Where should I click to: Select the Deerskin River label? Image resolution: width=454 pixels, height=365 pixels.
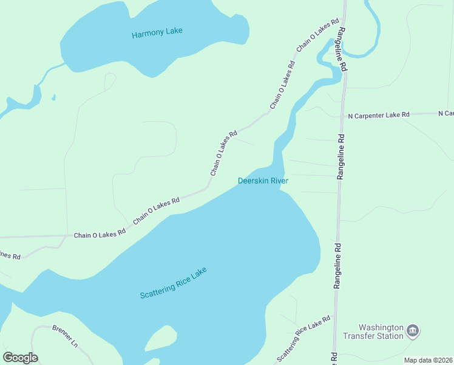pyautogui.click(x=262, y=181)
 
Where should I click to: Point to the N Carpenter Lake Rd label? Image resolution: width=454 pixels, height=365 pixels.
pyautogui.click(x=379, y=114)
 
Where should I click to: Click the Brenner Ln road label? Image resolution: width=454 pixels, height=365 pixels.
pyautogui.click(x=65, y=336)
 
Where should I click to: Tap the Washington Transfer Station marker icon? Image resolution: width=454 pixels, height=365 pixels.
pyautogui.click(x=413, y=331)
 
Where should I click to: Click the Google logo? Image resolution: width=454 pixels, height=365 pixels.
pyautogui.click(x=20, y=358)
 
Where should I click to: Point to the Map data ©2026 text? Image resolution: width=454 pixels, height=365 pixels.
pyautogui.click(x=428, y=360)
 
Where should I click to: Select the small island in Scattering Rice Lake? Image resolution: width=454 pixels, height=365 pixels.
pyautogui.click(x=161, y=339)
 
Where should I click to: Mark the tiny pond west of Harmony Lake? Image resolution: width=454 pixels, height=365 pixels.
pyautogui.click(x=54, y=97)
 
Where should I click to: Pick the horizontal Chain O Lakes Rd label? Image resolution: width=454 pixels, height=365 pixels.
pyautogui.click(x=100, y=234)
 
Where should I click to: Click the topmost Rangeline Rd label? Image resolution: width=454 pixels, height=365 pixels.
pyautogui.click(x=343, y=50)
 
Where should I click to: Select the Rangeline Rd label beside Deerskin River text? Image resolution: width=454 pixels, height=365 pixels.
pyautogui.click(x=340, y=156)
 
